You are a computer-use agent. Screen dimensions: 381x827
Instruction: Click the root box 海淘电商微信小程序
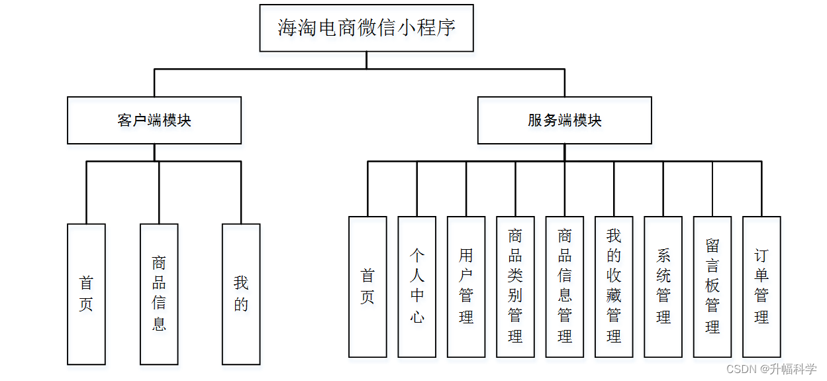point(366,28)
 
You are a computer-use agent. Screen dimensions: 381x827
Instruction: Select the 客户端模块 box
point(154,121)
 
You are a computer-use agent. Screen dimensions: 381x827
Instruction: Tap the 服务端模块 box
point(564,121)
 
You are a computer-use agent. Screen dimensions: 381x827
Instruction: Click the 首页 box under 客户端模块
point(86,294)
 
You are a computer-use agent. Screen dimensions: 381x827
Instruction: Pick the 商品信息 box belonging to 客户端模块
point(159,294)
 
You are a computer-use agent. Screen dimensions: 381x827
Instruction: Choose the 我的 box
point(241,294)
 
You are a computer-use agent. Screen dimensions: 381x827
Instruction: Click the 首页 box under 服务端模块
point(367,287)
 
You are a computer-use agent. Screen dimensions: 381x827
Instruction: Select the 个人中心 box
point(416,287)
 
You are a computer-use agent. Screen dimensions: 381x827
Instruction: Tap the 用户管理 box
point(466,287)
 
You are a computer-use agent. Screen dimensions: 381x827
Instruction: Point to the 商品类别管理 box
point(515,287)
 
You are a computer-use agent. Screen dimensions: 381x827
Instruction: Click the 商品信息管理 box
point(565,287)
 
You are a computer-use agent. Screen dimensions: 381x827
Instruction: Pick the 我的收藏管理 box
point(614,287)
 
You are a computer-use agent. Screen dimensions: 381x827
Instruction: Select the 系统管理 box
point(663,287)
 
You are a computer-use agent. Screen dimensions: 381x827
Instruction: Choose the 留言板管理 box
point(712,287)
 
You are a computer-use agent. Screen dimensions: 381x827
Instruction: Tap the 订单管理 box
point(761,287)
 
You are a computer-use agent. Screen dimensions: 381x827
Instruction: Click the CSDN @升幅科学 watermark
point(771,369)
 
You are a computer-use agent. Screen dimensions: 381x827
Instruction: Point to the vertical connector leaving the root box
point(366,60)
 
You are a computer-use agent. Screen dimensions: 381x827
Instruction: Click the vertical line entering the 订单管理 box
point(761,189)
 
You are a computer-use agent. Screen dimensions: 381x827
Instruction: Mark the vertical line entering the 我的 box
point(241,192)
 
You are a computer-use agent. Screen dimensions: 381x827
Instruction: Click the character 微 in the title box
point(367,28)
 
